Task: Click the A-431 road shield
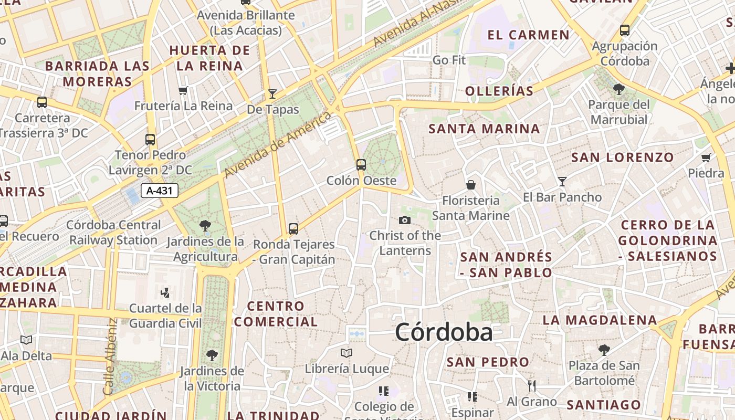point(160,191)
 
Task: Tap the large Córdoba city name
point(444,332)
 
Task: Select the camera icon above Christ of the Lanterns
point(405,220)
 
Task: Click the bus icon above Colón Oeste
point(361,164)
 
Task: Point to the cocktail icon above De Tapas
point(272,94)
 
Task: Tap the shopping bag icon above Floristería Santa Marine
point(471,185)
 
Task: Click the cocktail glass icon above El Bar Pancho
point(562,182)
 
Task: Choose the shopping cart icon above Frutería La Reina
point(183,90)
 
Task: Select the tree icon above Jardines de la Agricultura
point(205,226)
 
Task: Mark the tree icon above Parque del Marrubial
point(619,89)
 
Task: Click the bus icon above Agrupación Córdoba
point(625,30)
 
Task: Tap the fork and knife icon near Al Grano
point(532,386)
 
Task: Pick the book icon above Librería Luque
point(346,353)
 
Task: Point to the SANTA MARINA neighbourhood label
point(484,129)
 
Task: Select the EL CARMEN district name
point(528,35)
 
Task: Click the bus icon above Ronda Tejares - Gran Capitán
point(293,229)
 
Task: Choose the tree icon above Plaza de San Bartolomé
point(604,350)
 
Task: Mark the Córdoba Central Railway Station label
point(113,233)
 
